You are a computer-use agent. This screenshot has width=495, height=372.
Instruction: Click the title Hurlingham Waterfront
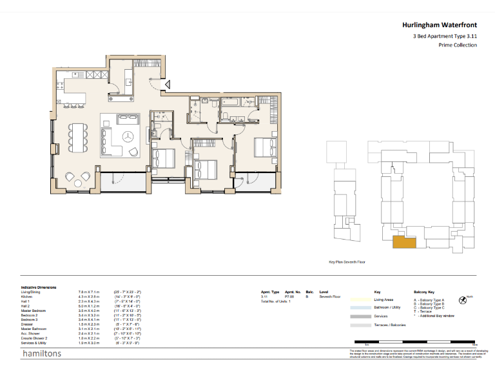[x=439, y=25]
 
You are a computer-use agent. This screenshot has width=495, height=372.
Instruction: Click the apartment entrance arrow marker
[x=167, y=84]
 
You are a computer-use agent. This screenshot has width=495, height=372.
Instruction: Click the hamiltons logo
[x=42, y=355]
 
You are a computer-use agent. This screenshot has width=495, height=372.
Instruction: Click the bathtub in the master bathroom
[x=231, y=102]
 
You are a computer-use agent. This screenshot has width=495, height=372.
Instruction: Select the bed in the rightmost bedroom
[x=264, y=147]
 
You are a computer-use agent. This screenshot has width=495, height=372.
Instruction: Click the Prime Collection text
[x=457, y=45]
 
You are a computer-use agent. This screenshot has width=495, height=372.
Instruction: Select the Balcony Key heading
[x=425, y=292]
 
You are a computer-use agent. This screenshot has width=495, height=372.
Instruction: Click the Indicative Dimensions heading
[x=39, y=287]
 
